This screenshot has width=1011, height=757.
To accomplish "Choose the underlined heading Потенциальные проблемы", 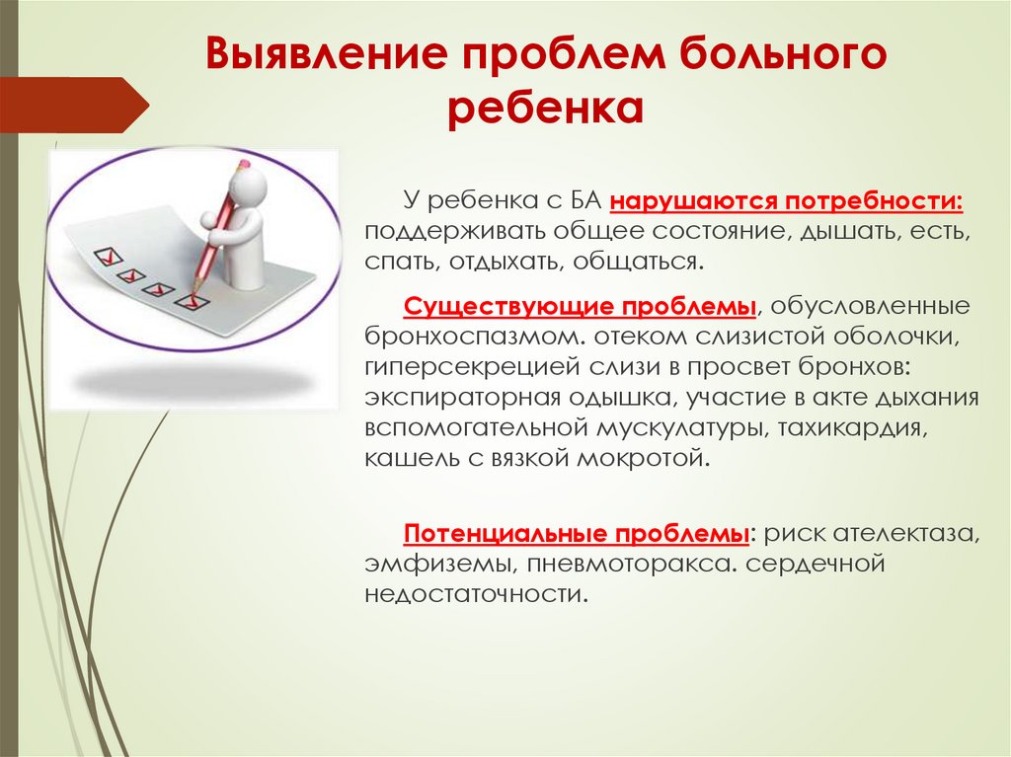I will [577, 534].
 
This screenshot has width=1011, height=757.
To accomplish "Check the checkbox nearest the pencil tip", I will [190, 297].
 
